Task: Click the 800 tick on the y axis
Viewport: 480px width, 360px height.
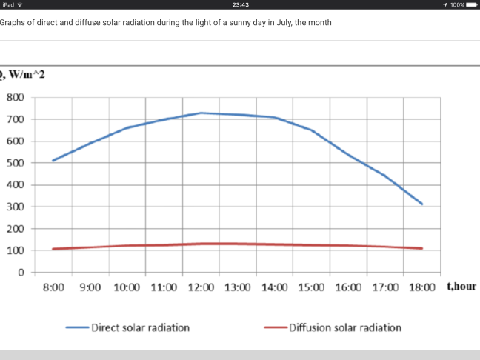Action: [16, 98]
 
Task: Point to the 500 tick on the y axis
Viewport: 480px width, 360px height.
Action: [16, 163]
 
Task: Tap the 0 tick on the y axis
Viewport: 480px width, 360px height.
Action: [21, 273]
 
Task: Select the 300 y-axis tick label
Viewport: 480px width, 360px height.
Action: [16, 207]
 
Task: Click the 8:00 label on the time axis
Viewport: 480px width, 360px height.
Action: [53, 287]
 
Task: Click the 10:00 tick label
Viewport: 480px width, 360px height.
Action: [127, 287]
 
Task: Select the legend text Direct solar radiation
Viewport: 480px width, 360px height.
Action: [140, 327]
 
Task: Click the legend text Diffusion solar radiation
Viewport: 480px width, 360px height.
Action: [344, 327]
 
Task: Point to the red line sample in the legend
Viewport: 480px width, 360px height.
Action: [274, 327]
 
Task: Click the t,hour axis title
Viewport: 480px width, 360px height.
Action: [461, 286]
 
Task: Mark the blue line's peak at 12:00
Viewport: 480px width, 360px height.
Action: [200, 113]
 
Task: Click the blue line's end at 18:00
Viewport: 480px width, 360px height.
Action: [422, 204]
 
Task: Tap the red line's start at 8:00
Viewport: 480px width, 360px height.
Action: [53, 249]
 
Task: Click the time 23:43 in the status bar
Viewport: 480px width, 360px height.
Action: [240, 4]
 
